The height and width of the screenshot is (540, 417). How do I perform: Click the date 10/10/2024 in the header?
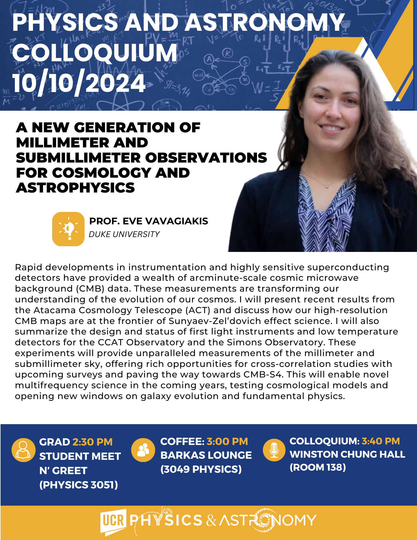click(79, 83)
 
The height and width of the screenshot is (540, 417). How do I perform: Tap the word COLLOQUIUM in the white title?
click(95, 53)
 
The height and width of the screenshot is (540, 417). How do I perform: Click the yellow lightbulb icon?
click(68, 229)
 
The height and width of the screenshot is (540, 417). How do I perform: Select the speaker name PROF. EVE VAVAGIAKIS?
click(149, 221)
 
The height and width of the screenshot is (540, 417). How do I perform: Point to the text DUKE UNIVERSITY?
click(124, 234)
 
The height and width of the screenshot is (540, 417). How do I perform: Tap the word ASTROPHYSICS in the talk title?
click(75, 188)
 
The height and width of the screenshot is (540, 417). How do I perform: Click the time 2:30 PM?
click(93, 442)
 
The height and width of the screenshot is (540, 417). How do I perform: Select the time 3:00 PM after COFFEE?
click(227, 441)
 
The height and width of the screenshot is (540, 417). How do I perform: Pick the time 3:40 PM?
click(381, 441)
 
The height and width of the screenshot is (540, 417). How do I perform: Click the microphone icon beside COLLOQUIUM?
click(274, 450)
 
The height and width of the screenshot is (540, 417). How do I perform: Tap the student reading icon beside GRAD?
click(23, 450)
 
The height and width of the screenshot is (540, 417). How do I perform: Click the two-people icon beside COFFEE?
click(143, 450)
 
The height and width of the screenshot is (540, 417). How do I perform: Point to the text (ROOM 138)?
click(318, 467)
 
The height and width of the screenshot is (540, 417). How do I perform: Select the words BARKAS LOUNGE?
click(206, 455)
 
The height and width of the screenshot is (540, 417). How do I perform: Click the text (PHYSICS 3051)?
click(79, 485)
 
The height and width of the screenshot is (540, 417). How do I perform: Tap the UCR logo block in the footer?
click(113, 521)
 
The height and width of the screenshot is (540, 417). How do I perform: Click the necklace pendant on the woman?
click(327, 186)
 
